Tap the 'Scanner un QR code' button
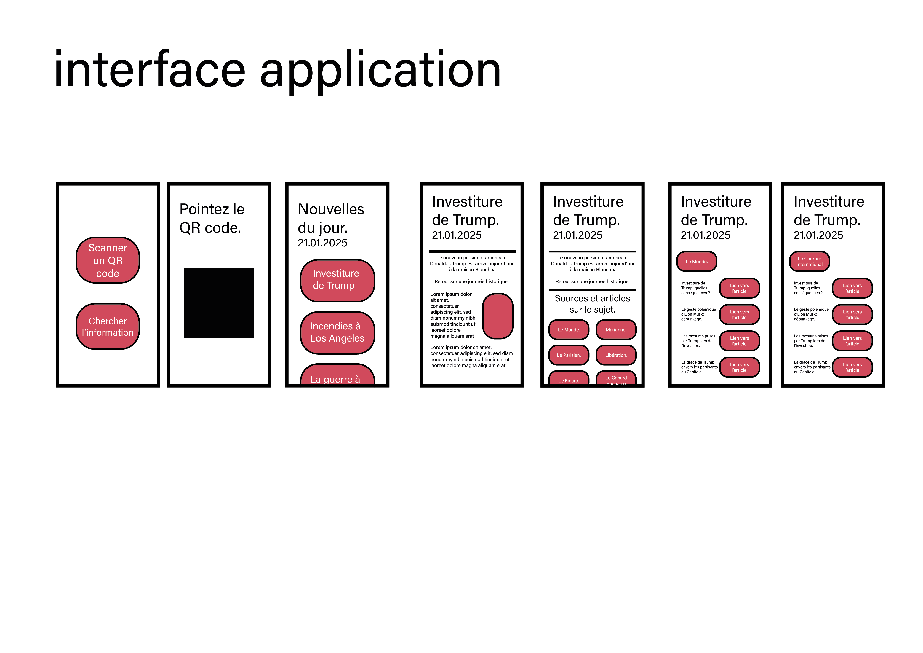[x=108, y=260]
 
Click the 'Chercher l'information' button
[x=108, y=326]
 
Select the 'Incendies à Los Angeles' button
[x=337, y=332]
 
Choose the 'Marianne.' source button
[x=616, y=330]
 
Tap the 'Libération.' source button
[x=616, y=355]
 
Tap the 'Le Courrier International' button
[x=809, y=261]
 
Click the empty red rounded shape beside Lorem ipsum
[x=498, y=316]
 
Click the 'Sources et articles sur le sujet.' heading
[x=592, y=304]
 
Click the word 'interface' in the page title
[x=150, y=69]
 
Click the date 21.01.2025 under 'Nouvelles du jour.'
[x=322, y=243]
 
